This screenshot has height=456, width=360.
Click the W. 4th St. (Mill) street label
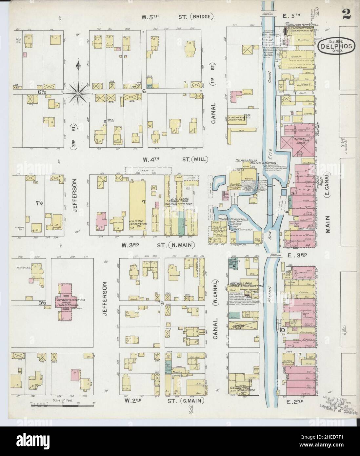(175, 159)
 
